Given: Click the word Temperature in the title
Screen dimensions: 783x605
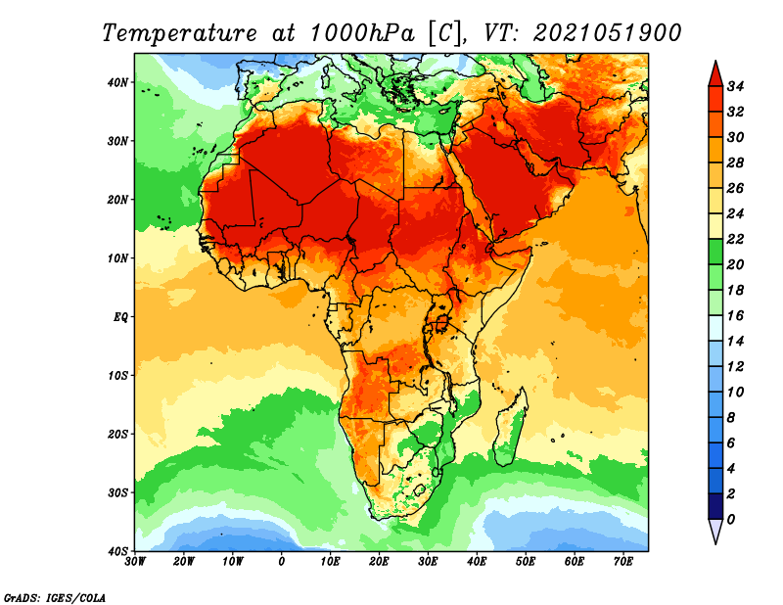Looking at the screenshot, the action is (x=180, y=33).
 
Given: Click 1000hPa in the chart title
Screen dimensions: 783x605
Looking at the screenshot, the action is (x=362, y=33).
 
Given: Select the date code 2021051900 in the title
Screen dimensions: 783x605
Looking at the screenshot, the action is (x=607, y=33).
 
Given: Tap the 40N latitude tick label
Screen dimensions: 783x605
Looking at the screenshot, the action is (x=117, y=82).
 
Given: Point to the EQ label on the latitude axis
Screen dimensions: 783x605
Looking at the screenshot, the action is (x=120, y=317).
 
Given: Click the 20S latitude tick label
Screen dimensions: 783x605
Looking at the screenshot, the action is (x=117, y=434).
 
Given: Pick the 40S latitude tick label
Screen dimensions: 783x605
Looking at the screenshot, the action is (x=117, y=551).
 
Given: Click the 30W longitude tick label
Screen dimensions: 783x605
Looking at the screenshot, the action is (x=135, y=562).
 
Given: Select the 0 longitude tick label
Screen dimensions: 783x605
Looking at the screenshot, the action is (x=282, y=562).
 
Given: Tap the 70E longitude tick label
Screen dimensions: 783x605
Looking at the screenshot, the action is (x=622, y=562).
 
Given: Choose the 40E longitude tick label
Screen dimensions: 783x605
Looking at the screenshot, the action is (x=477, y=562).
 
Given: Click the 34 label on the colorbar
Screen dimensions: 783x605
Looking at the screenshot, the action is (x=735, y=86).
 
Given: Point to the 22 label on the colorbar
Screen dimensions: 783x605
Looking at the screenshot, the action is (x=735, y=239).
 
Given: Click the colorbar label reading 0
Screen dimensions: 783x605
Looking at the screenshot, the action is (x=731, y=520).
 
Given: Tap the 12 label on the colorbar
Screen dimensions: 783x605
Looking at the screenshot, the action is (x=735, y=367).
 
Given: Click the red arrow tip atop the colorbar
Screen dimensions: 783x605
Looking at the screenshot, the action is (x=715, y=61).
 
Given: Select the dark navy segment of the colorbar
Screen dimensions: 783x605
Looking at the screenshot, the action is (x=715, y=506).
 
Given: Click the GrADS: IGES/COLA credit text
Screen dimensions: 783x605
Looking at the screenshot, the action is (x=55, y=597).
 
